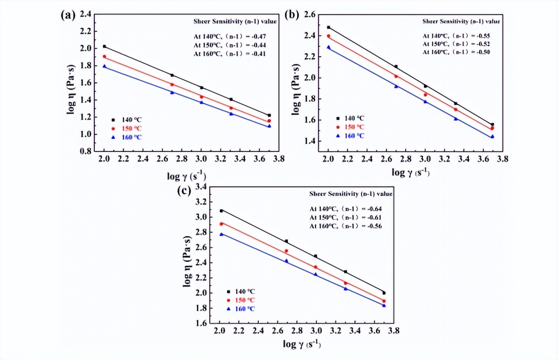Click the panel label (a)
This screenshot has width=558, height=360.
68,14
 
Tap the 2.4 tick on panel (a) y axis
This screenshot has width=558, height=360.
84,14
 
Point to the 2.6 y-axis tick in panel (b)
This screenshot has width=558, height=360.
308,15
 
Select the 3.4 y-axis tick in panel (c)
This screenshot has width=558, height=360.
200,187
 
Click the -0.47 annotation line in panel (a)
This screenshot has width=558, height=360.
229,36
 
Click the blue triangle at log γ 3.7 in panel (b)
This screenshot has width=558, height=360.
492,137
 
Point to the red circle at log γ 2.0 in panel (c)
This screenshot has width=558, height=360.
221,224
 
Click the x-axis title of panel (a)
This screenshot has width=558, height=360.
186,176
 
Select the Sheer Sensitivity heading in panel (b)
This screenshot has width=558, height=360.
461,21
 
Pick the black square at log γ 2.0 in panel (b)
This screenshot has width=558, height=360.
329,27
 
